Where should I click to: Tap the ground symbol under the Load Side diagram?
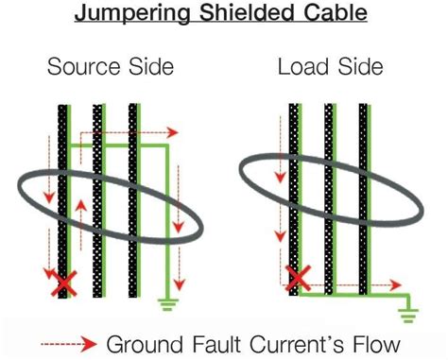pos(409,314)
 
